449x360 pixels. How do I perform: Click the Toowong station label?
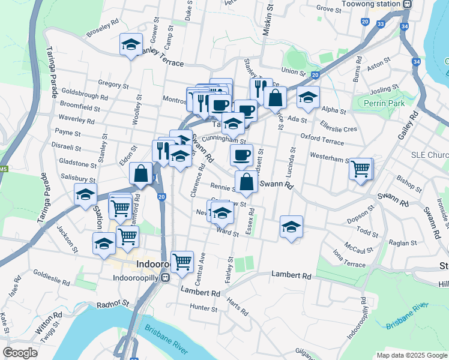(370, 4)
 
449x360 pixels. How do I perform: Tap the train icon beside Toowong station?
(407, 4)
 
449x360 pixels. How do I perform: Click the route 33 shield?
(381, 24)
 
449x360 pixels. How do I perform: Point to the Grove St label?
(328, 8)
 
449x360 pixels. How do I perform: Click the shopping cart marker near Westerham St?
(361, 169)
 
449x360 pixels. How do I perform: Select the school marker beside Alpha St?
(308, 97)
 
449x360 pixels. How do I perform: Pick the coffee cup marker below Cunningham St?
(241, 155)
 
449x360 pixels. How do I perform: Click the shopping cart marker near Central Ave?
(182, 261)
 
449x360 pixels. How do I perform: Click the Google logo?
(20, 352)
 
